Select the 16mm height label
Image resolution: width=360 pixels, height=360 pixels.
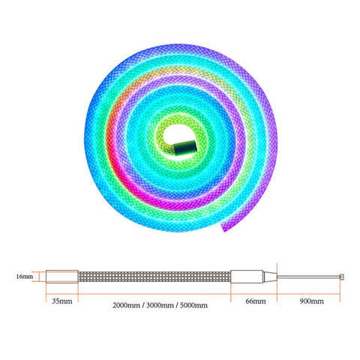coord(24,276)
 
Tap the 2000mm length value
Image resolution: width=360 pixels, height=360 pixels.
coord(126,304)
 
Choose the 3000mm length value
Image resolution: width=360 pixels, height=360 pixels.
coord(159,304)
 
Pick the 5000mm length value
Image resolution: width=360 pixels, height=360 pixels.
coord(192,304)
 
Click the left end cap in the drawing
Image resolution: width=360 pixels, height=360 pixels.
coord(61,276)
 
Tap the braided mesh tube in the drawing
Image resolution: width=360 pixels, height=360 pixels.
coord(154,276)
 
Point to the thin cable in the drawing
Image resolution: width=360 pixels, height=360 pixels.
coord(307,276)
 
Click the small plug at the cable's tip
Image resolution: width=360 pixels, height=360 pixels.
coord(342,276)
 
